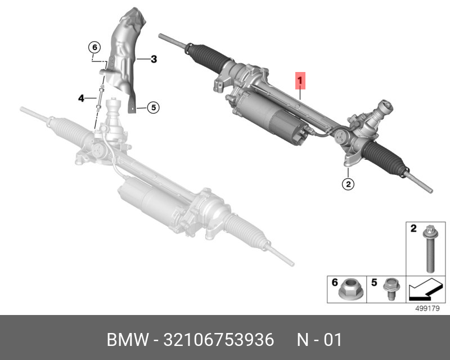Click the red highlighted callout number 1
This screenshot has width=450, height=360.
300,80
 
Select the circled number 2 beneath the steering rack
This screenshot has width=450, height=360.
348,183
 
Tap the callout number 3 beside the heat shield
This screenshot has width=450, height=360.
154,58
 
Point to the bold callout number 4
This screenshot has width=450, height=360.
82,98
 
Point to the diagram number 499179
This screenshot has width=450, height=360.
426,308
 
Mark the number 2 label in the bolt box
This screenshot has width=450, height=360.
412,228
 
